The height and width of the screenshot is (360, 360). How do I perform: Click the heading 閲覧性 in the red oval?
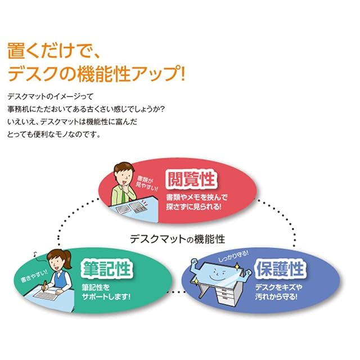tap(191, 179)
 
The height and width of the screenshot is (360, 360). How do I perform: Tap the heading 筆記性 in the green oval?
tap(107, 268)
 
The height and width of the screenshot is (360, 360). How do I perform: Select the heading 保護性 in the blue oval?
tap(280, 269)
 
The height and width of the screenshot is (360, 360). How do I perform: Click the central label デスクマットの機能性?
tap(177, 239)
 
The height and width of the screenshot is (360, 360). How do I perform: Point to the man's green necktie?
tap(124, 196)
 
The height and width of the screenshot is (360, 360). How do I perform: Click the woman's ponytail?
tap(67, 259)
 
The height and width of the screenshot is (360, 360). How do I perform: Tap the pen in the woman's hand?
tap(44, 285)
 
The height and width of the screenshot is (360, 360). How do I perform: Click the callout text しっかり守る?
tap(233, 256)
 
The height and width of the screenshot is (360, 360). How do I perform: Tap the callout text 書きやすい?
tap(34, 276)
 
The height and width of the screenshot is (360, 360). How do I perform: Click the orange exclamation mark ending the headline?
tap(182, 73)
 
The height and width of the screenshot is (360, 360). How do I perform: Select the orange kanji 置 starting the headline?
tap(16, 51)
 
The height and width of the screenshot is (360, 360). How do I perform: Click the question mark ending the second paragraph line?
tap(162, 109)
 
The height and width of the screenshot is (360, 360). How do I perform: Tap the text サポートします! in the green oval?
tap(106, 296)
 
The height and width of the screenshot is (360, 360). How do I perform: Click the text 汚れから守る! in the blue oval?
tap(276, 296)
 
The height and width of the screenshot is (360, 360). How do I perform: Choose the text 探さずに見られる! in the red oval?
tap(193, 206)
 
